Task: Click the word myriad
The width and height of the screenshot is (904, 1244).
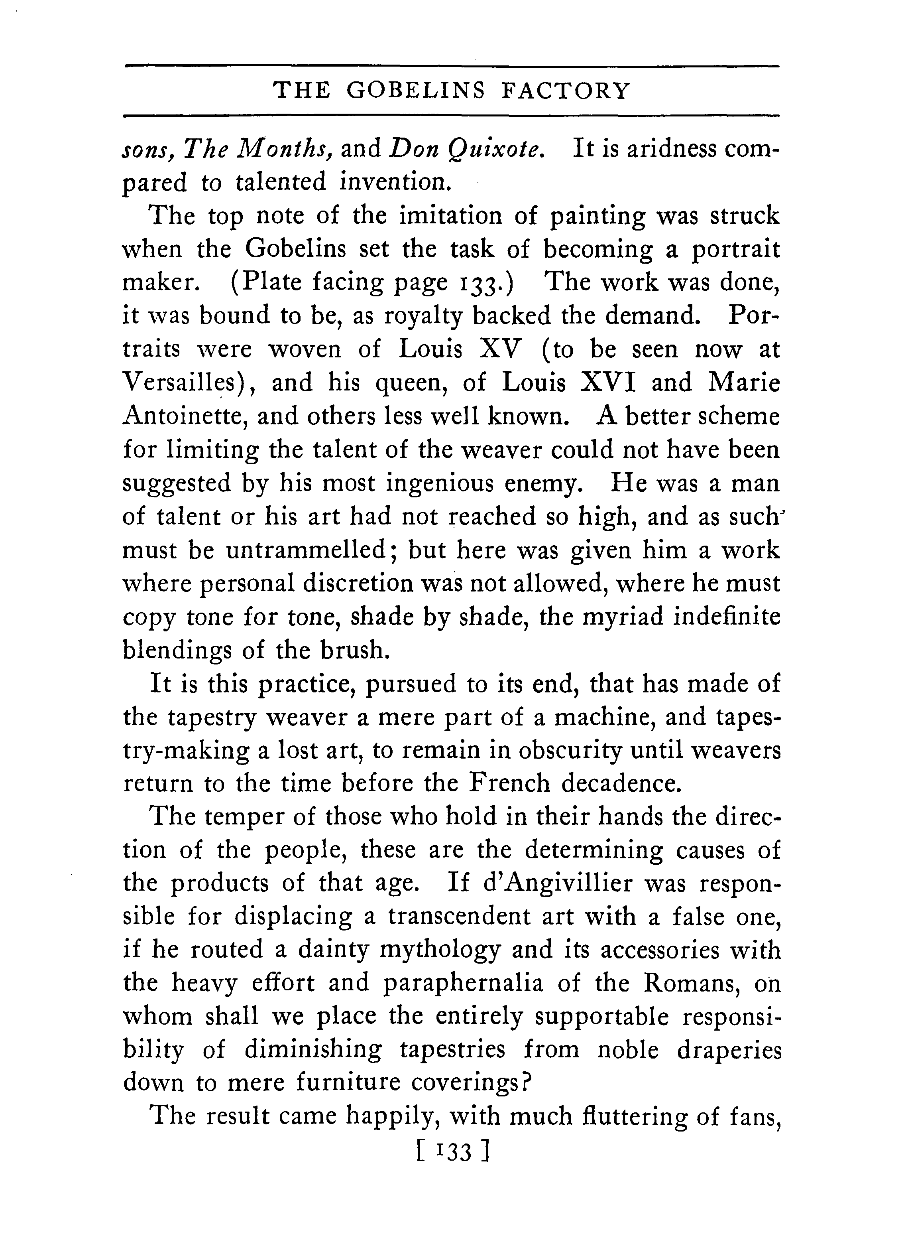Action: (x=618, y=617)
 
